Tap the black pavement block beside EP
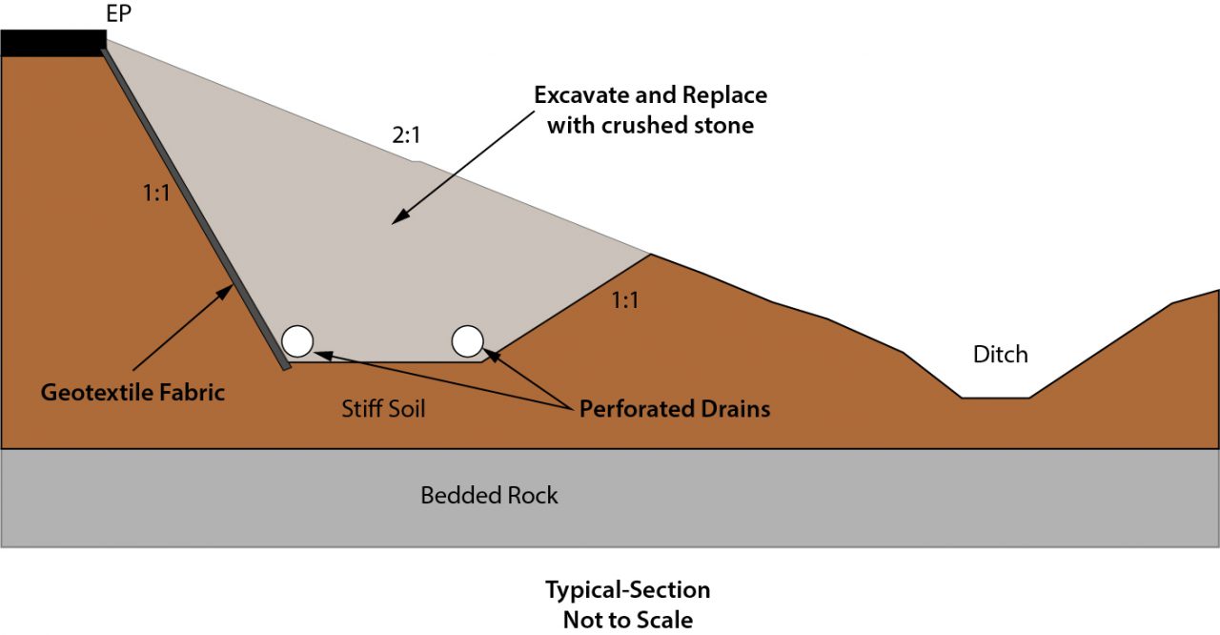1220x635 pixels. tap(52, 43)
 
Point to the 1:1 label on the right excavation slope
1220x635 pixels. tap(624, 301)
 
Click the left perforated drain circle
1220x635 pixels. tap(297, 340)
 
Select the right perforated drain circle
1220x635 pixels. tap(467, 339)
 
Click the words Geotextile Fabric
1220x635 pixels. tap(132, 392)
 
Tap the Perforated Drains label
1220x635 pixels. tap(675, 410)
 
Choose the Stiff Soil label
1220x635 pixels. tap(383, 410)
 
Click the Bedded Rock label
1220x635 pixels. tap(489, 496)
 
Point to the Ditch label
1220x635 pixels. tap(1000, 355)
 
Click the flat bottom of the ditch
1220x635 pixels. tap(995, 397)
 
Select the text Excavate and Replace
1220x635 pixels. tap(650, 95)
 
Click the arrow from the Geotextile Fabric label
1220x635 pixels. tap(181, 329)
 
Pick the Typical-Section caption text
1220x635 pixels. tap(627, 589)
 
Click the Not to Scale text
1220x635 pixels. tap(627, 619)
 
